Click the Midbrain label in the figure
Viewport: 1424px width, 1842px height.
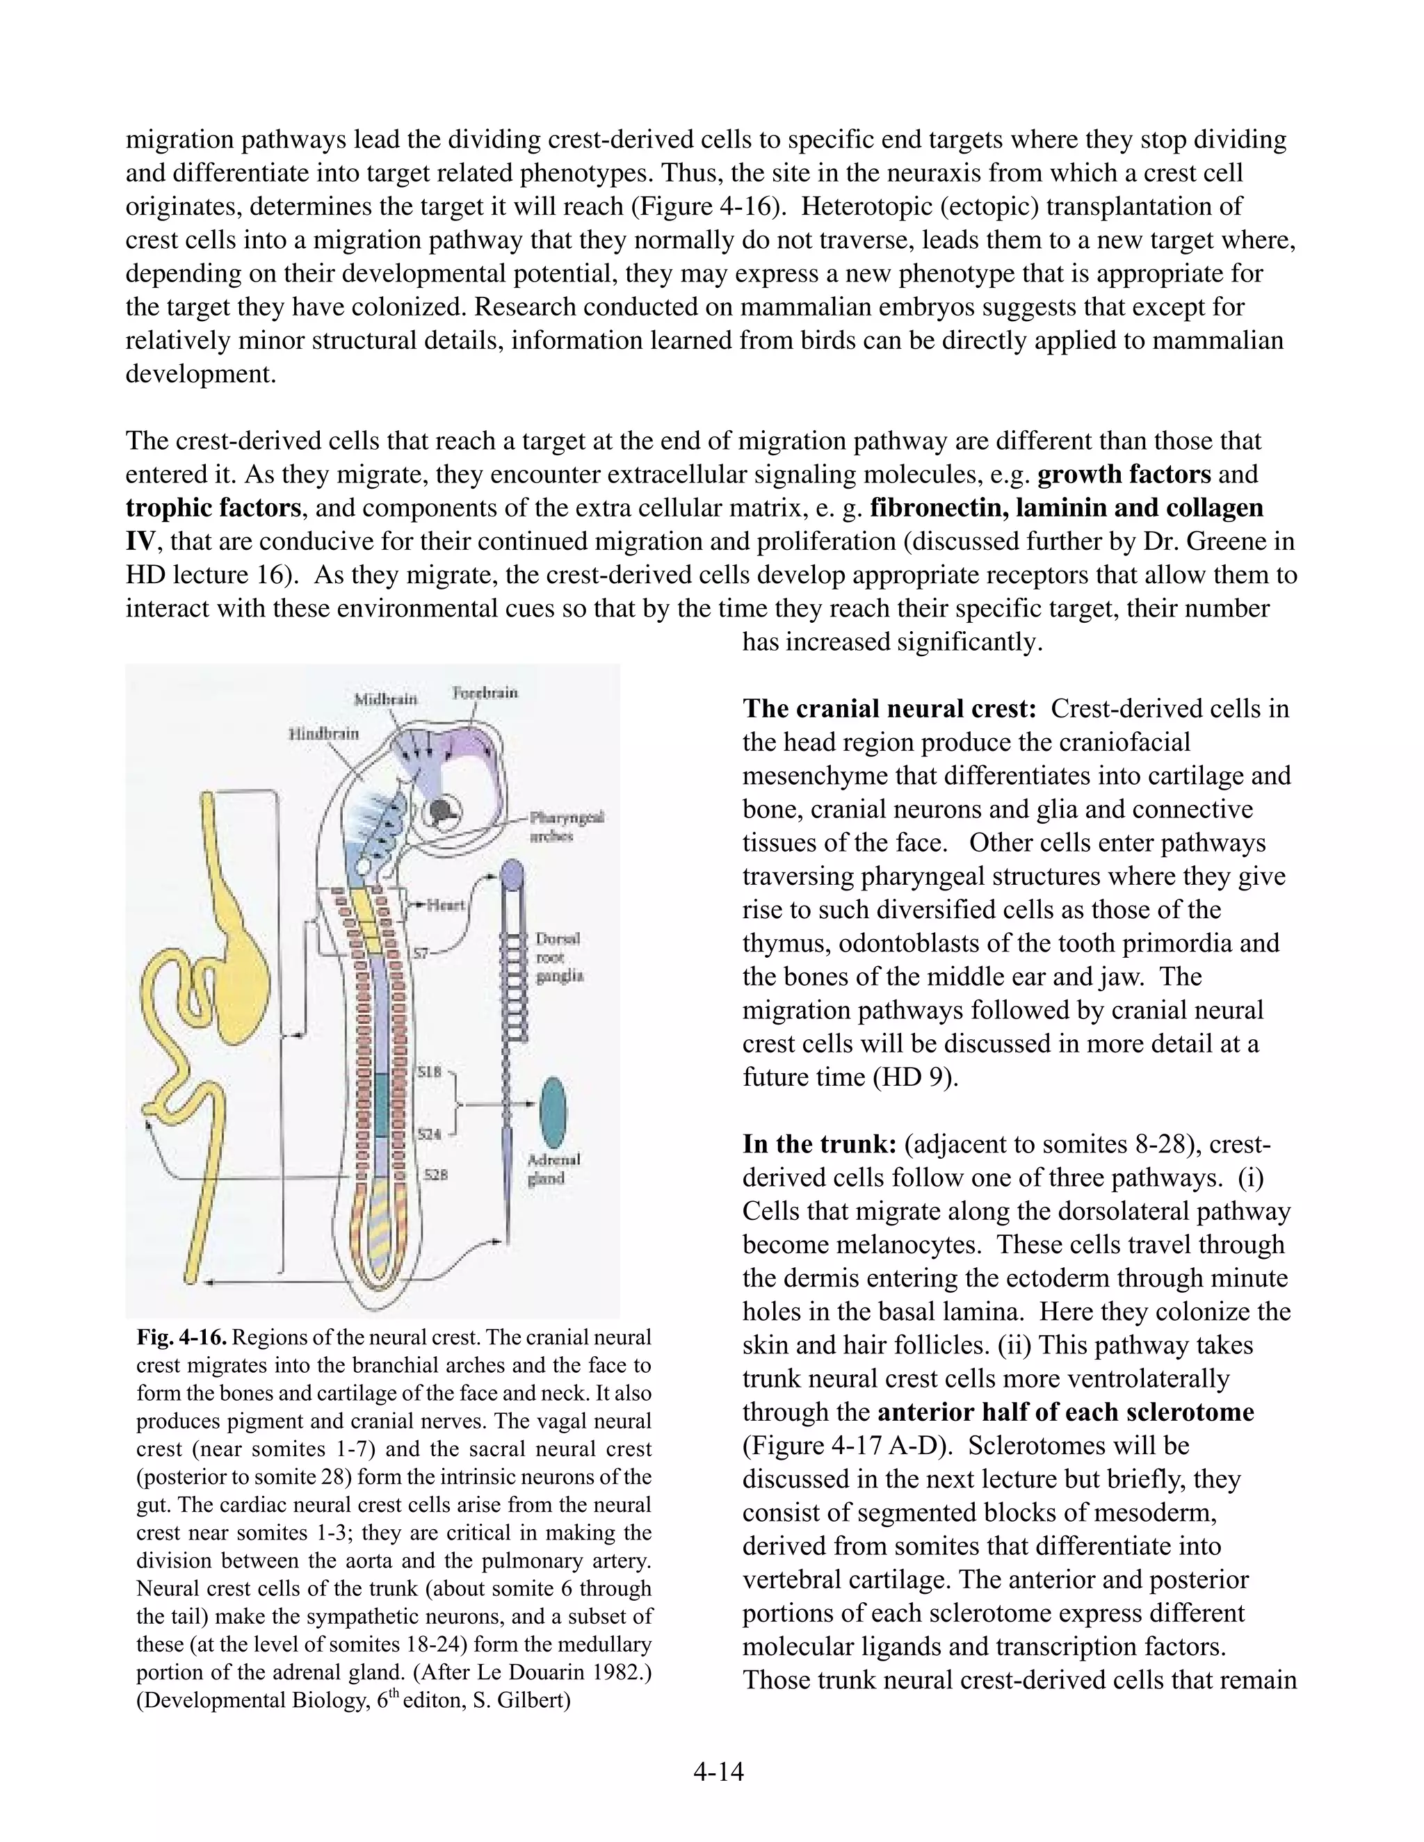pos(385,699)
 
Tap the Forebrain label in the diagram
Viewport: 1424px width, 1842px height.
pos(485,692)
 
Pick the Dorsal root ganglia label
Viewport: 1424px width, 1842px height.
pos(559,957)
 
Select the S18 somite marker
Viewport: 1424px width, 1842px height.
pos(430,1073)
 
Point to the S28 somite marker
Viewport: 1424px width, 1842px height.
pos(435,1174)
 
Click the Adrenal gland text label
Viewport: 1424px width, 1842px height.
pos(553,1168)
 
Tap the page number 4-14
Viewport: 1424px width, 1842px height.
pos(718,1771)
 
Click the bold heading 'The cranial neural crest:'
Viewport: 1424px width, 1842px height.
pos(889,708)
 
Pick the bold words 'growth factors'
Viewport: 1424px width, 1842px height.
pos(1124,474)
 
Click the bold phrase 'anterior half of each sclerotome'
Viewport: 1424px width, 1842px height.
pos(1065,1412)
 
